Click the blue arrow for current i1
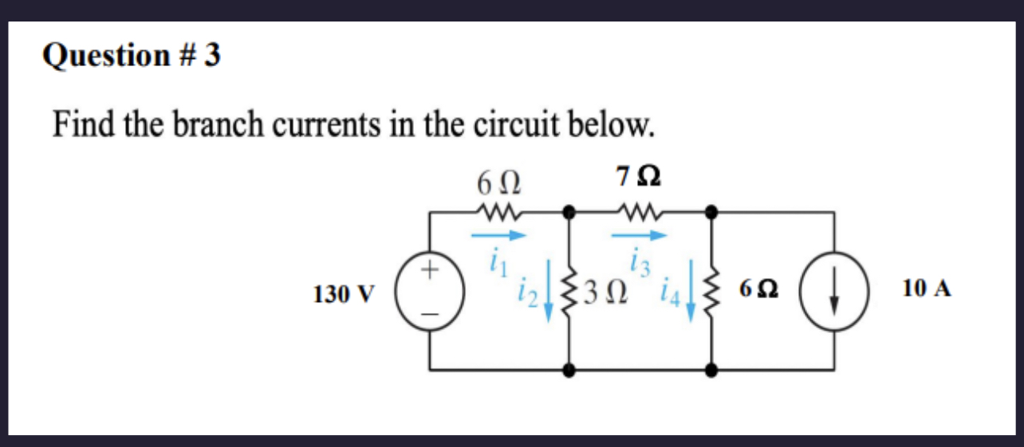tap(499, 235)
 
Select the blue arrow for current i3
tap(638, 235)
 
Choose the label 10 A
tap(927, 288)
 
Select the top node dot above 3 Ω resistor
tap(569, 212)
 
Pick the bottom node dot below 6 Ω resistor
tap(711, 370)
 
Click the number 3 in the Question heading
tap(212, 56)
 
